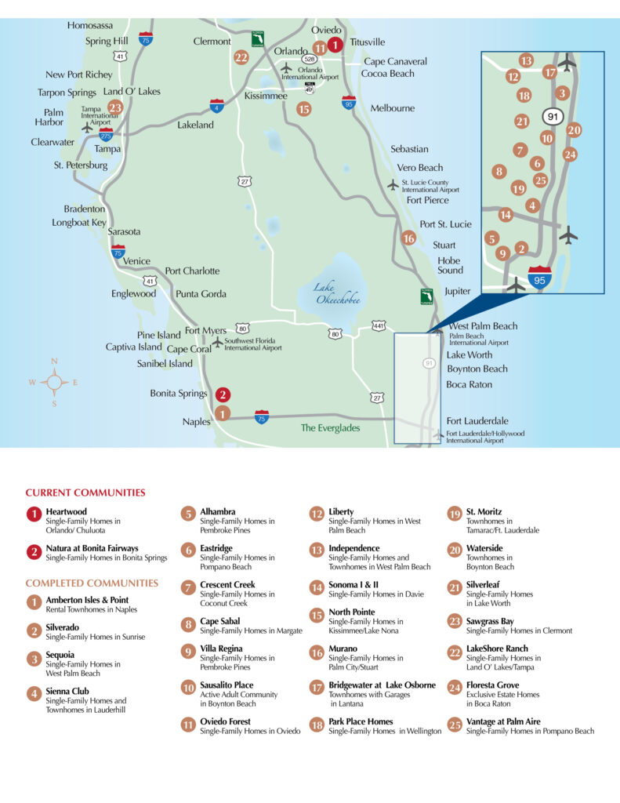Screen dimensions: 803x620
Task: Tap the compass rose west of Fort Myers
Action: pyautogui.click(x=54, y=383)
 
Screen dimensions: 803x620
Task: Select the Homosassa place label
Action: pyautogui.click(x=89, y=26)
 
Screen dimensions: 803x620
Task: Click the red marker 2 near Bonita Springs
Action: pyautogui.click(x=223, y=395)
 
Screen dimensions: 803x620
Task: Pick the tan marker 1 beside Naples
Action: pyautogui.click(x=223, y=413)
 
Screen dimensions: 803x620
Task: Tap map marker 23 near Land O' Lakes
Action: pyautogui.click(x=115, y=108)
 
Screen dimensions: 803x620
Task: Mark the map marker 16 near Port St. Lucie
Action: pyautogui.click(x=408, y=238)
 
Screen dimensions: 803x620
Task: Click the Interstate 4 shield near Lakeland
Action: pyautogui.click(x=217, y=105)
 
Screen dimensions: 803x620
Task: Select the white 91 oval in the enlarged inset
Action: pyautogui.click(x=551, y=118)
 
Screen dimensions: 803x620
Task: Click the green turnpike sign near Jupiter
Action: pyautogui.click(x=426, y=296)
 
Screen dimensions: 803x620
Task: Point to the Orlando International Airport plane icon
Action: pyautogui.click(x=287, y=69)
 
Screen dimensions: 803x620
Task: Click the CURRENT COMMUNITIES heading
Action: pyautogui.click(x=85, y=493)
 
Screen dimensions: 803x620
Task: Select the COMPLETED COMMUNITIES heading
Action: pyautogui.click(x=92, y=583)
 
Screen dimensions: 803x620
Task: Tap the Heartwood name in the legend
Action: pyautogui.click(x=65, y=511)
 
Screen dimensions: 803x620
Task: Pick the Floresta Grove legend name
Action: pyautogui.click(x=492, y=685)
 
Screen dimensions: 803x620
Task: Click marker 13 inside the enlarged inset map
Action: pyautogui.click(x=526, y=61)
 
